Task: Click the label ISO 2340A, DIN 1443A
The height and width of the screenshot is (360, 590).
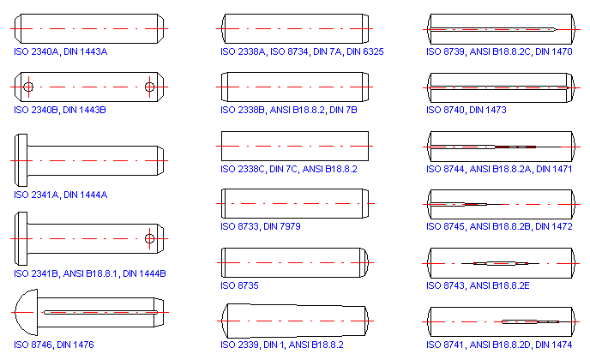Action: tap(61, 52)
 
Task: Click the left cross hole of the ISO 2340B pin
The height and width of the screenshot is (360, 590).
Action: tap(29, 87)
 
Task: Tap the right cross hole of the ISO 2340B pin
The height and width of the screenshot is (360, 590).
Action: tap(149, 87)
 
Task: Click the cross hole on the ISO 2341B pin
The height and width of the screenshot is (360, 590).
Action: tap(149, 237)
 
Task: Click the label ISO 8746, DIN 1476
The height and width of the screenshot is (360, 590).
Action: tap(54, 345)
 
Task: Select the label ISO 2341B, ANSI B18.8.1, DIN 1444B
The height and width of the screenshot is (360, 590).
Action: tap(90, 273)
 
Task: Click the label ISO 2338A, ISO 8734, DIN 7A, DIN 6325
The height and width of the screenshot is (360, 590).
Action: tap(302, 52)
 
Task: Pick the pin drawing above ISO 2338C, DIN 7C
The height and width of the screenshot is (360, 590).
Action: tap(295, 146)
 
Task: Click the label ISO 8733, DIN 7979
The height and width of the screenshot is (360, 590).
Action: tap(261, 227)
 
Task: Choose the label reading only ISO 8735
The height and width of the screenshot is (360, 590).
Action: tap(240, 285)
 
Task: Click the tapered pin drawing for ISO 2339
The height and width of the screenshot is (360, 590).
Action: tap(295, 320)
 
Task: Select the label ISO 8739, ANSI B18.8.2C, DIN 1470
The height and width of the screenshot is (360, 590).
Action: tap(499, 52)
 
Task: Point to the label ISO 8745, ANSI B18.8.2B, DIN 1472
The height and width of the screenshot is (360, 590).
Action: tap(499, 227)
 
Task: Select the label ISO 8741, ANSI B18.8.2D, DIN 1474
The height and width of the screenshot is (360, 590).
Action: tap(499, 345)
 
